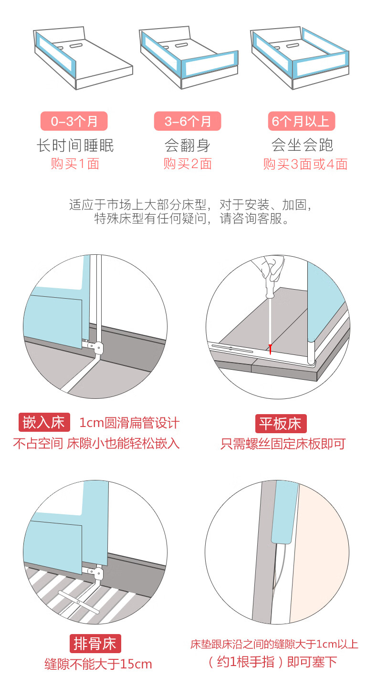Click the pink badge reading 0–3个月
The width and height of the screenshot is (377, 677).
pos(74,121)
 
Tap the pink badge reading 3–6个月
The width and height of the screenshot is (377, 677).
pos(188,121)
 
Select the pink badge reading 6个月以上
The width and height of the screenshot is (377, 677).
pos(302,121)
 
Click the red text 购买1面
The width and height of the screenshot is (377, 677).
pos(75,164)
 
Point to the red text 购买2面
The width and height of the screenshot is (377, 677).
pos(188,164)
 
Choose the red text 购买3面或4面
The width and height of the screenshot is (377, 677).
pos(305,164)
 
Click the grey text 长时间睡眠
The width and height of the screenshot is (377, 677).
pos(75,146)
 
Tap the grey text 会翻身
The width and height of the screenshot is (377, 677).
pos(188,146)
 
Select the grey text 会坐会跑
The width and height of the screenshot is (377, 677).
pos(303,145)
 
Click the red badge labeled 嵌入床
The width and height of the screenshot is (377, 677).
pos(44,422)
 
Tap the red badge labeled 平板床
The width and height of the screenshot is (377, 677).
pos(281,424)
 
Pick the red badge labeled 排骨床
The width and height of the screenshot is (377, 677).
pos(95,644)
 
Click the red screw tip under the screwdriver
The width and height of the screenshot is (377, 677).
pos(270,349)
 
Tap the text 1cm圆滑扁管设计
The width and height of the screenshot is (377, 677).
pos(129,423)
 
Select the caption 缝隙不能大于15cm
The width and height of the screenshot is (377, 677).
pos(98,664)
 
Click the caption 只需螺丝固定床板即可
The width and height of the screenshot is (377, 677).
pos(283,444)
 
